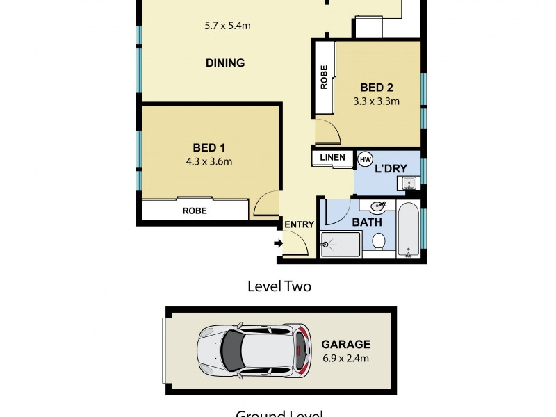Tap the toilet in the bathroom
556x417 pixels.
[x=379, y=242]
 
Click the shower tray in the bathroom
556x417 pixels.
[x=341, y=245]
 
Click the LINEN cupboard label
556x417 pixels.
[x=332, y=158]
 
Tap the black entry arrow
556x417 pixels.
[x=278, y=243]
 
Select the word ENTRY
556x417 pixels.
[x=300, y=224]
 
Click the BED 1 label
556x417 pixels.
[x=208, y=147]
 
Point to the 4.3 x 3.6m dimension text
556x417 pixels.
[x=208, y=162]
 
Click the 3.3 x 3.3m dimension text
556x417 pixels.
[x=376, y=101]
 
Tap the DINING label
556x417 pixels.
[x=225, y=63]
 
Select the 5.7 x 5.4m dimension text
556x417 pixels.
[x=227, y=26]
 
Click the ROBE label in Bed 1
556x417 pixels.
[x=194, y=211]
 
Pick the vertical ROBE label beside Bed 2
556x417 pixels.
[x=324, y=77]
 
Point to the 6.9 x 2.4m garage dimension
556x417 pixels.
[x=345, y=359]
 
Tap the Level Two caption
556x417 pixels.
[x=279, y=286]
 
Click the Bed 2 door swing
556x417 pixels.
[x=326, y=130]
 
